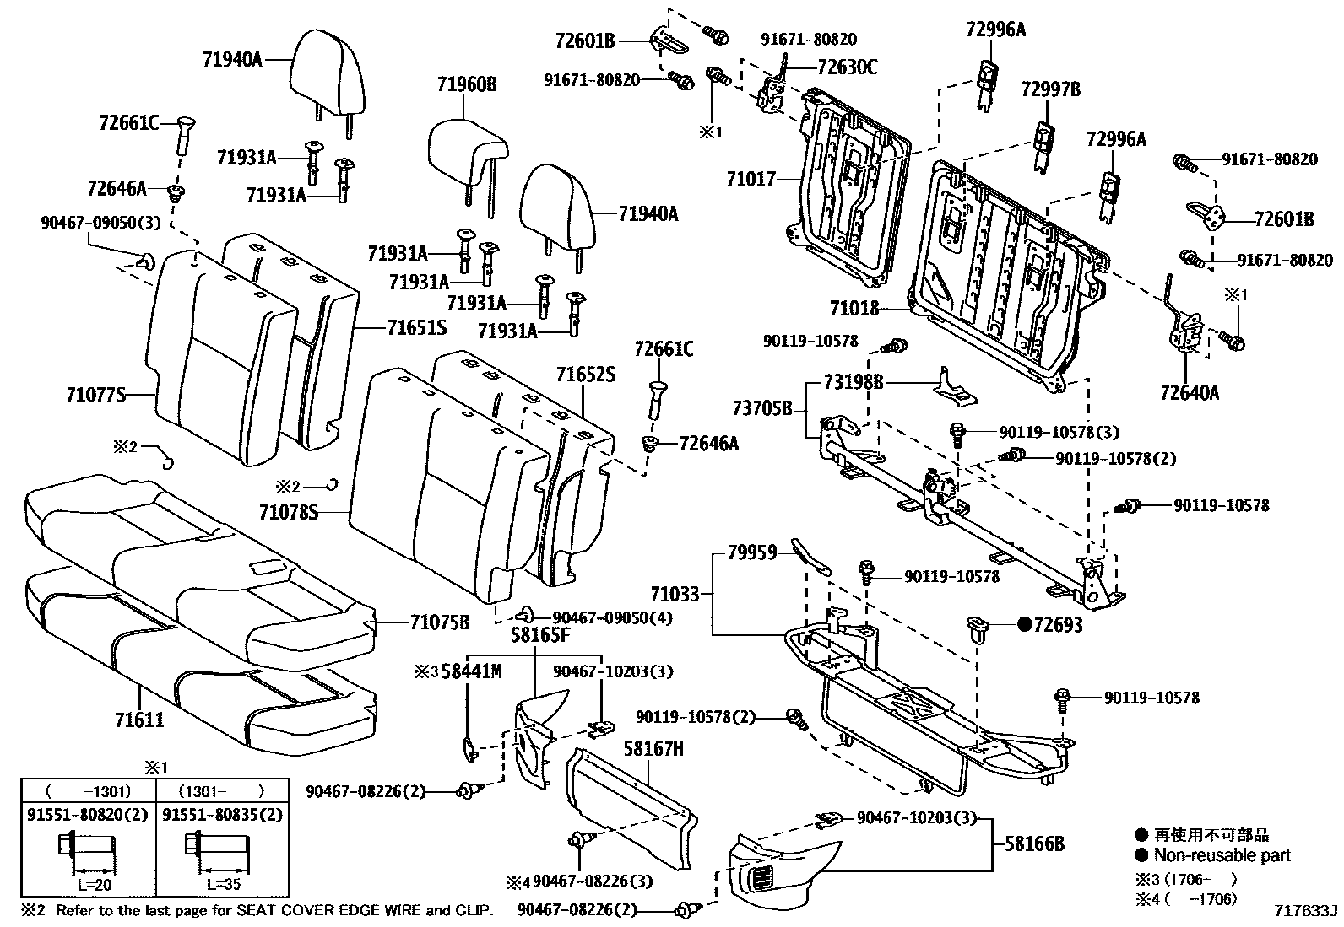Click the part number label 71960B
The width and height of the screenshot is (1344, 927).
[x=467, y=84]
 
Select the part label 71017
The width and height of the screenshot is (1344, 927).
[x=751, y=180]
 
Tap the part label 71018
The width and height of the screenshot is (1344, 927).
[x=854, y=310]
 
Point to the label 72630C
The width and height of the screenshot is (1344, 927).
[x=847, y=67]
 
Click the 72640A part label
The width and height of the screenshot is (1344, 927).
[x=1188, y=392]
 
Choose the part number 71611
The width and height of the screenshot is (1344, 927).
[x=139, y=720]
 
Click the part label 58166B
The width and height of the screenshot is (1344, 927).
[x=1034, y=843]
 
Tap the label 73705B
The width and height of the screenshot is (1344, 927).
[x=762, y=409]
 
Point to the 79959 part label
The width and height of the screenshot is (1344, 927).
[x=752, y=554]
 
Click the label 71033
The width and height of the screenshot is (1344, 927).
[x=675, y=594]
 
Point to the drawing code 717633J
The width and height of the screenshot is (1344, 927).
[x=1306, y=911]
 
